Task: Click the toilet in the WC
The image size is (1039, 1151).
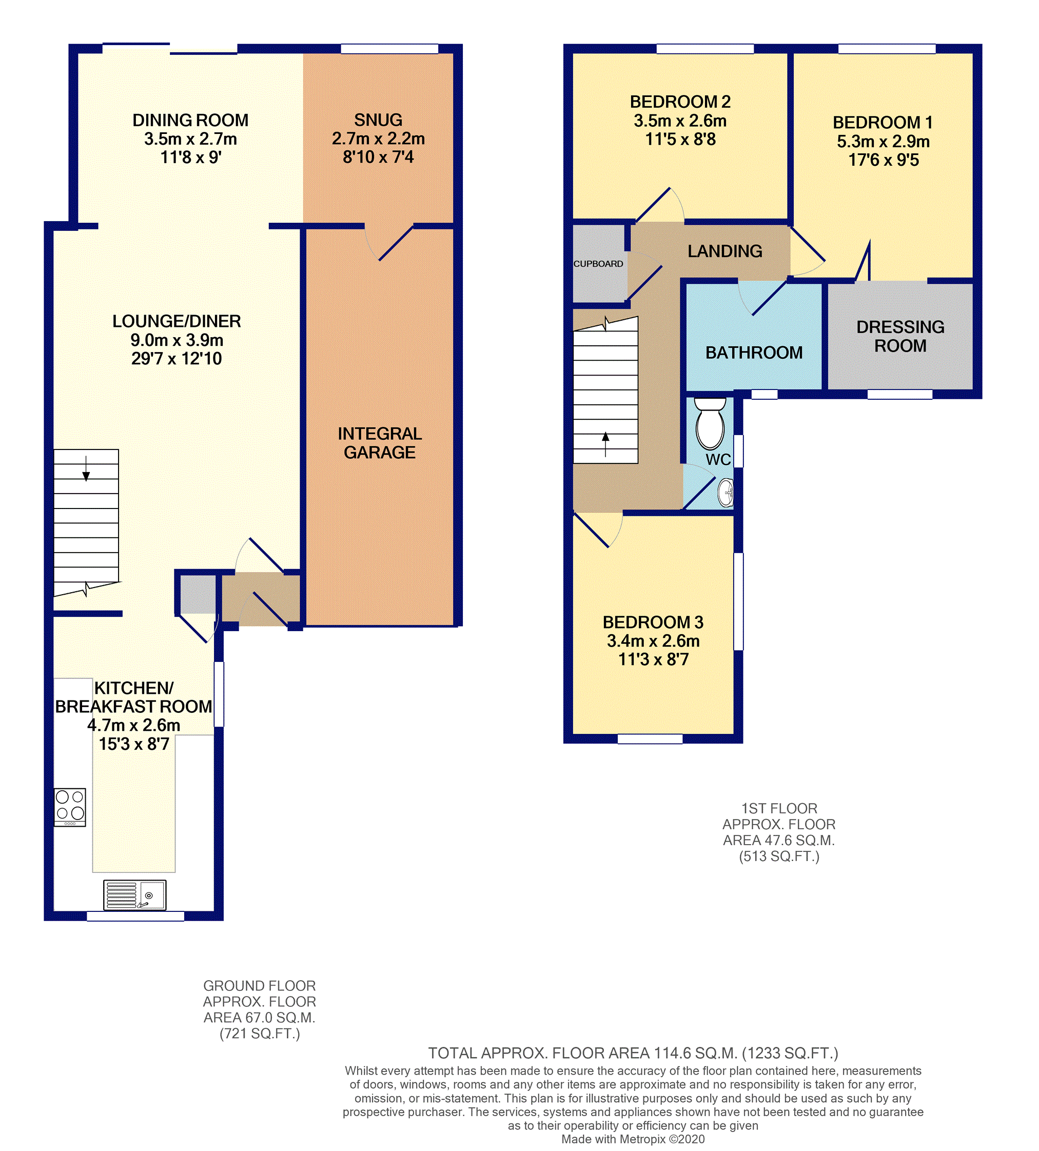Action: click(x=710, y=424)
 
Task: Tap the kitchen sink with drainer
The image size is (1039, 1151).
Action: click(x=135, y=894)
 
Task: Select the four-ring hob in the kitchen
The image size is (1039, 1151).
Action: click(x=70, y=807)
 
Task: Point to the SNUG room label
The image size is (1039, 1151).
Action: click(x=378, y=120)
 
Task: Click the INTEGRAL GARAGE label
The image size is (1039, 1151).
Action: click(x=380, y=443)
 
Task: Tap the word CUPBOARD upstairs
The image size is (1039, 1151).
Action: click(x=598, y=264)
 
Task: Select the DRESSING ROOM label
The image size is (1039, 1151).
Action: click(x=900, y=336)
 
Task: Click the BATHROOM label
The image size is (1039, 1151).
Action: click(x=754, y=353)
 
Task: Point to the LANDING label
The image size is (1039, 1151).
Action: click(x=725, y=251)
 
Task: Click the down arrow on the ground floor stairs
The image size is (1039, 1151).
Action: click(x=86, y=468)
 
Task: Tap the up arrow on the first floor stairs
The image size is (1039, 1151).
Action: click(x=606, y=445)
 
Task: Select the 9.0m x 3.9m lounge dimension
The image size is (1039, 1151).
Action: click(x=177, y=340)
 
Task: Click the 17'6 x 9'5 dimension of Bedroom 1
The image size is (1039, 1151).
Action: click(x=884, y=160)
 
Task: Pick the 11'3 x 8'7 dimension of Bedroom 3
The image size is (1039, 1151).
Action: click(x=654, y=659)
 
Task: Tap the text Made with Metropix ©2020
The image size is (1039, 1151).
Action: click(x=633, y=1139)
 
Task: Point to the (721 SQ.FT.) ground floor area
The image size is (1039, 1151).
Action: click(x=260, y=1033)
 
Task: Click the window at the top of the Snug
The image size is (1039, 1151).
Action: click(x=389, y=49)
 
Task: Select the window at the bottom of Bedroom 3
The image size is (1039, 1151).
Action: click(x=650, y=739)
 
